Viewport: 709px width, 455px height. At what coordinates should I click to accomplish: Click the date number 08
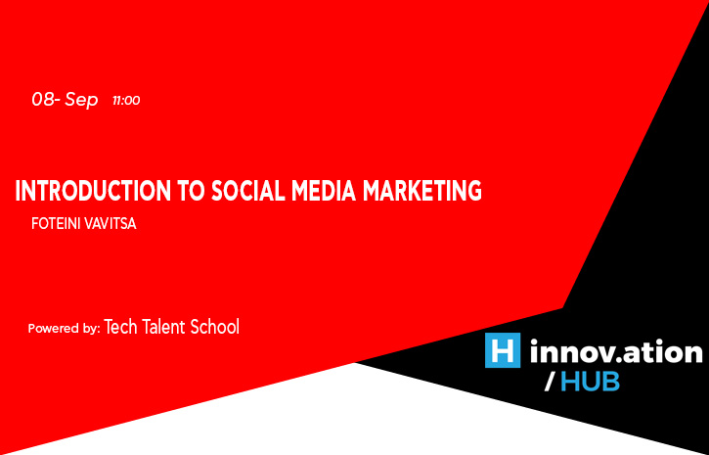tap(43, 100)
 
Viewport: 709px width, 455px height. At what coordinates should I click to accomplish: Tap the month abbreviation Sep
tap(81, 101)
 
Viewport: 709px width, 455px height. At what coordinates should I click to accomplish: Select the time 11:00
tap(126, 101)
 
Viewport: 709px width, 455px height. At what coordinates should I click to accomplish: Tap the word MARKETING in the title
tap(421, 191)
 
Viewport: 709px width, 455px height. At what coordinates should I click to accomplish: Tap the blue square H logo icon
tap(503, 350)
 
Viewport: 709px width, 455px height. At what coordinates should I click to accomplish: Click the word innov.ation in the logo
tap(616, 352)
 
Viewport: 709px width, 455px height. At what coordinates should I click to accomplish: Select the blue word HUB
tap(590, 383)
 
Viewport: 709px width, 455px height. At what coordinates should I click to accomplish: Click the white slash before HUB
tap(549, 383)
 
